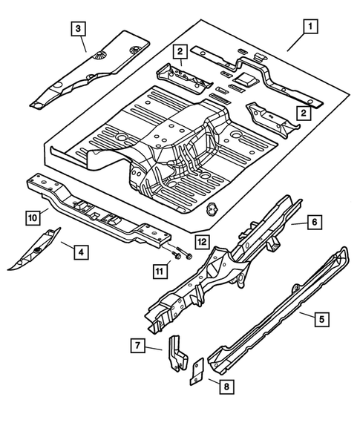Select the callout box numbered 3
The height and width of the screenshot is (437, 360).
76,30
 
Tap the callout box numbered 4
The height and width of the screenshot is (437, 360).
78,253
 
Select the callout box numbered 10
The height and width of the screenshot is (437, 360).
32,217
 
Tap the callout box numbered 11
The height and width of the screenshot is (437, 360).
158,272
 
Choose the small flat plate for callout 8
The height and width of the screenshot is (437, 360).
195,370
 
